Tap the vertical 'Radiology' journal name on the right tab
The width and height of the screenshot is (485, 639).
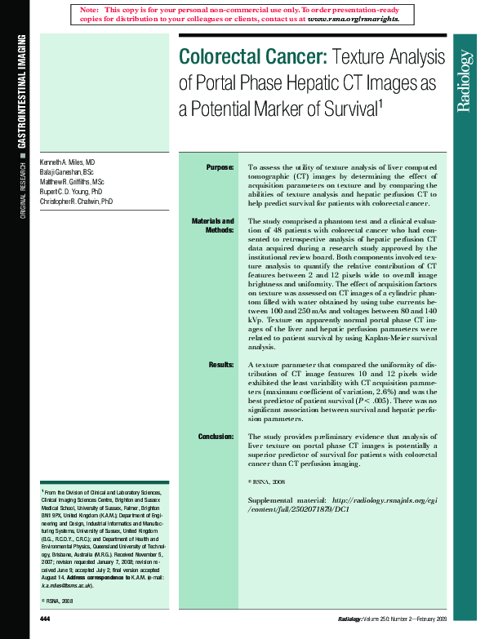(x=465, y=81)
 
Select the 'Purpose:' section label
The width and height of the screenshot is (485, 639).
(x=220, y=166)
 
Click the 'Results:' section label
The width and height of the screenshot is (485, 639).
(x=220, y=365)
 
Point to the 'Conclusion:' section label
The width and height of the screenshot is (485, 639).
(x=216, y=437)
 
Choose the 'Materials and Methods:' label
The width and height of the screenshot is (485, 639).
(x=212, y=226)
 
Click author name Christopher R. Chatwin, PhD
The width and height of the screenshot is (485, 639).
(x=77, y=201)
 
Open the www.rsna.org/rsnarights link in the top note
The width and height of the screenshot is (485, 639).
(x=353, y=17)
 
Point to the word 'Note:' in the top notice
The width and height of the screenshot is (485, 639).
(x=90, y=8)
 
